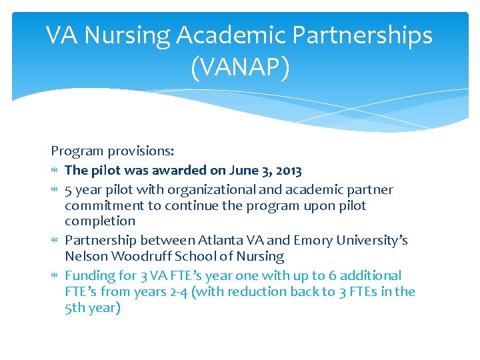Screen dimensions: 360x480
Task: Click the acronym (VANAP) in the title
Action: [240, 67]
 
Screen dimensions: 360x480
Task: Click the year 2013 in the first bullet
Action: [289, 171]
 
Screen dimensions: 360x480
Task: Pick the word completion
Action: [100, 221]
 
